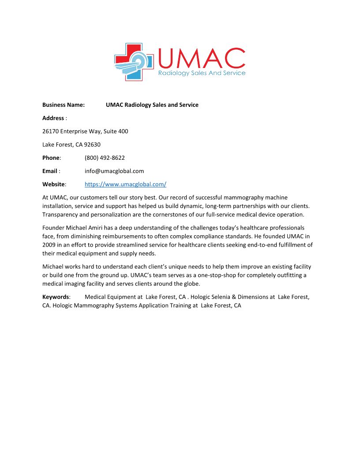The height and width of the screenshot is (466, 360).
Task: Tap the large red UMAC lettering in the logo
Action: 201,58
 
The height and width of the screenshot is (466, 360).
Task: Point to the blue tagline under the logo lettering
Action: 202,73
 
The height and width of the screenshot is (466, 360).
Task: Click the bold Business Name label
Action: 64,105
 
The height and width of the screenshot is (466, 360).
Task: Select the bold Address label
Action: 53,118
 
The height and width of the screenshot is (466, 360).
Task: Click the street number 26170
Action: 50,131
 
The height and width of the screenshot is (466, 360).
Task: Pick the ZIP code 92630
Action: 92,144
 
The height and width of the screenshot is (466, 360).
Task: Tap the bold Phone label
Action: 51,158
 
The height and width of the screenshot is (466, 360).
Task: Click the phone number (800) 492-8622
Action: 105,158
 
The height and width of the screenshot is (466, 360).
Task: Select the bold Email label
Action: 50,171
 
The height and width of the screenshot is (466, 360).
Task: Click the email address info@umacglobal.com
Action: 114,171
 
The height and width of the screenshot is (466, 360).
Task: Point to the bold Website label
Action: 53,184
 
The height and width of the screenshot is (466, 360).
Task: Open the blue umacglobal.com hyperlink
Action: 125,184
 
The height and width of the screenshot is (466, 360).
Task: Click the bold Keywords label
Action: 56,297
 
